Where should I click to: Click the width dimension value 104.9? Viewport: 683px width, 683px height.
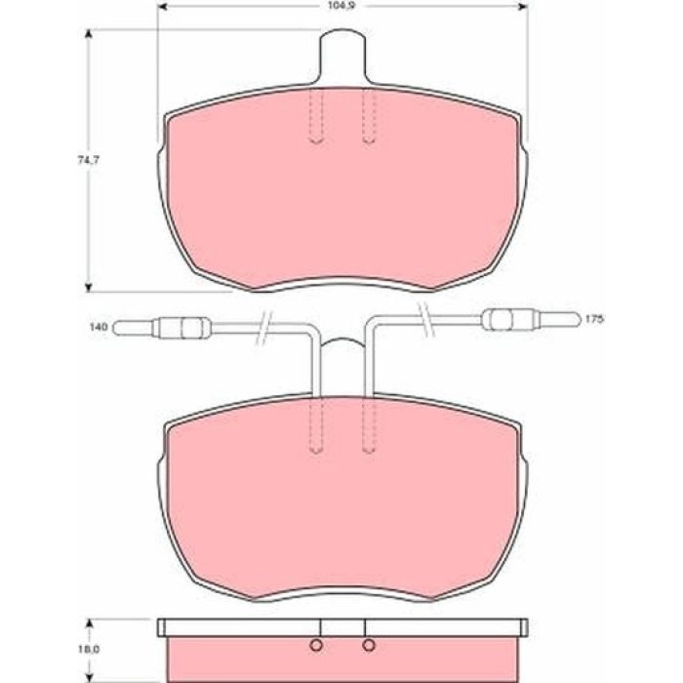pyautogui.click(x=341, y=7)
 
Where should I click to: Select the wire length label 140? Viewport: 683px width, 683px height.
pyautogui.click(x=99, y=327)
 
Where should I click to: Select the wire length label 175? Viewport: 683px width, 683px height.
pyautogui.click(x=593, y=319)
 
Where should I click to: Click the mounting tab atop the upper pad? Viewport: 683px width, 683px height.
pyautogui.click(x=341, y=56)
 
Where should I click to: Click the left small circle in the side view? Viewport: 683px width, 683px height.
pyautogui.click(x=316, y=645)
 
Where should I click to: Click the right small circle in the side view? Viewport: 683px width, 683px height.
pyautogui.click(x=369, y=645)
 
